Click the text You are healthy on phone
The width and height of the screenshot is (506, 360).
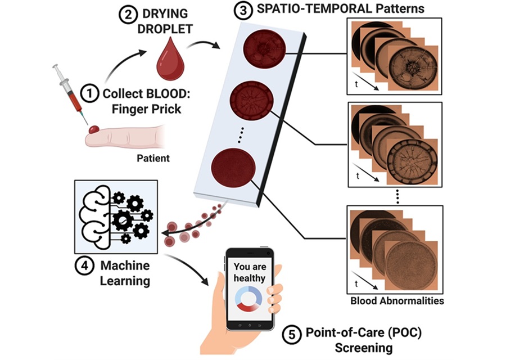click(x=250, y=272)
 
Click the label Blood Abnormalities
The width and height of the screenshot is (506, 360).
click(x=397, y=301)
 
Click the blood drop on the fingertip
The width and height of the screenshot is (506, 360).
click(x=93, y=129)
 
